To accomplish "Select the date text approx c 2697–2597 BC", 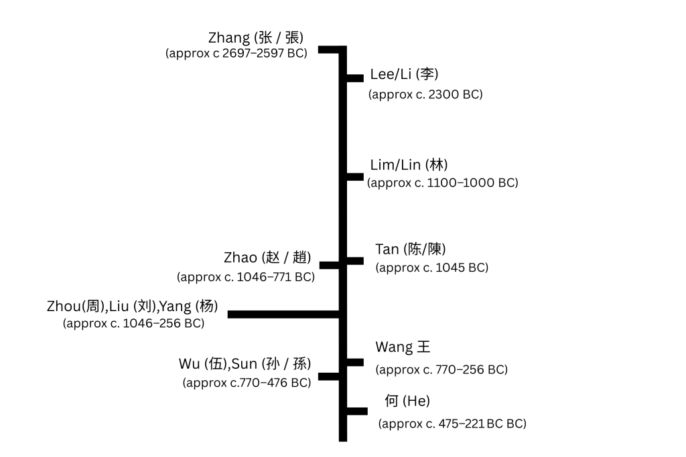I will click(236, 54).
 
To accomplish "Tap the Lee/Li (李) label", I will click(404, 74).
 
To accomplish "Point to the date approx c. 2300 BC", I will click(425, 94).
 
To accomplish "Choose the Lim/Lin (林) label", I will click(409, 165).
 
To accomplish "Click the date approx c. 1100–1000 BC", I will click(443, 183).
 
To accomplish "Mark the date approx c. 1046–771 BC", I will click(246, 276).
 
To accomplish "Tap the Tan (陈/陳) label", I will click(411, 250).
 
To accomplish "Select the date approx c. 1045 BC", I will click(432, 268).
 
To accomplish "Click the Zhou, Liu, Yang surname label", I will click(133, 306).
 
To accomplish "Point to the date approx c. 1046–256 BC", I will click(133, 324).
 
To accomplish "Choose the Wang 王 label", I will click(403, 347).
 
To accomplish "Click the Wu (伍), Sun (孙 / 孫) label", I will click(245, 365).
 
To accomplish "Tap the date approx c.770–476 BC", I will click(247, 383).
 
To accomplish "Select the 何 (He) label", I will click(407, 401).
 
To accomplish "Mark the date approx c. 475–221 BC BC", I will click(452, 424).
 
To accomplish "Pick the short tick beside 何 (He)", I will click(356, 411).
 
